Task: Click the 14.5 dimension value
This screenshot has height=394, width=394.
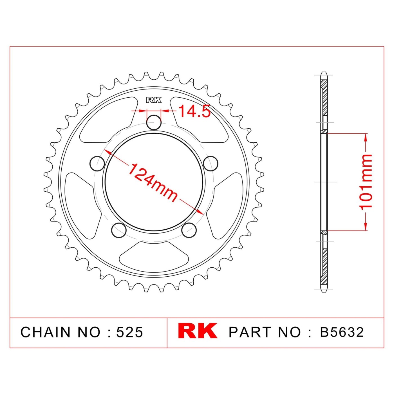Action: (x=195, y=111)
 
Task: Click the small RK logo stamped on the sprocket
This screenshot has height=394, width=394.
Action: (x=154, y=100)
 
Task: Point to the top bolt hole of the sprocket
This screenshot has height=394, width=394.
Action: (x=154, y=122)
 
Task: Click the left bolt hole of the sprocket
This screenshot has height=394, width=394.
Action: (x=97, y=164)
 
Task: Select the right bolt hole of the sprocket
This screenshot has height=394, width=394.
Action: (x=211, y=164)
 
